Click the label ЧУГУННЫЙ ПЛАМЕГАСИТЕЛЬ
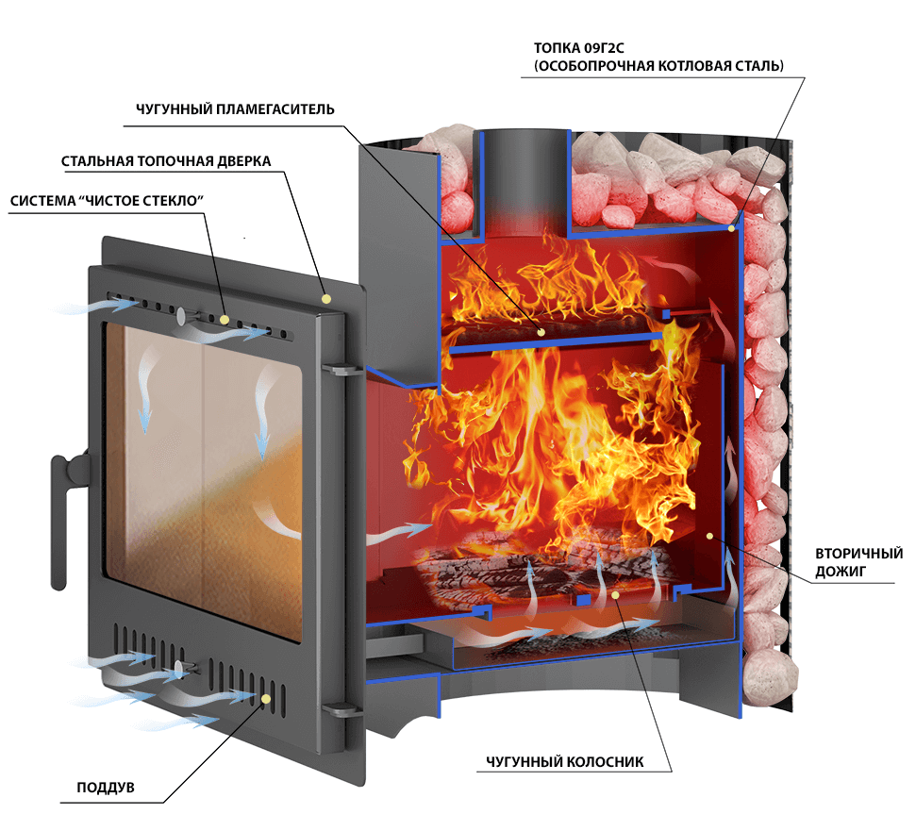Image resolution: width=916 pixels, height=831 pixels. (x=235, y=109)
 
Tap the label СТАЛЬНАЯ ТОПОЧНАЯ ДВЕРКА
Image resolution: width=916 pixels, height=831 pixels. (x=166, y=161)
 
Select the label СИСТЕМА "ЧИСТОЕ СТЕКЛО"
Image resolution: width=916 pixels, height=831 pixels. (x=107, y=201)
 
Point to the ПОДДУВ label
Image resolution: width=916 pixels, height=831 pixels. (x=106, y=788)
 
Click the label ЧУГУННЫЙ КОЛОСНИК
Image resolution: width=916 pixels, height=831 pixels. (x=565, y=761)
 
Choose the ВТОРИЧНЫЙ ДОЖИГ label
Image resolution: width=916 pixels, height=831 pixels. (x=858, y=562)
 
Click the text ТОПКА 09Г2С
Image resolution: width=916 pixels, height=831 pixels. (x=579, y=48)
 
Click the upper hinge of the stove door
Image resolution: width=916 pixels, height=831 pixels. (x=341, y=369)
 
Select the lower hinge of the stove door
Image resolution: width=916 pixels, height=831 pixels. (x=341, y=709)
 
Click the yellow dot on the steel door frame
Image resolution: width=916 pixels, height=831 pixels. (x=326, y=299)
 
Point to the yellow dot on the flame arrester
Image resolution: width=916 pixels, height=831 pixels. (x=541, y=332)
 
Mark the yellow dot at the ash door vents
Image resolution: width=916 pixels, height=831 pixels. (x=266, y=698)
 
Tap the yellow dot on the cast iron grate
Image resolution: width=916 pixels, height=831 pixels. (x=616, y=594)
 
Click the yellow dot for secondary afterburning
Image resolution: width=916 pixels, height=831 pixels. (x=709, y=536)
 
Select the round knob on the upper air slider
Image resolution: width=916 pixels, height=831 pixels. (x=182, y=317)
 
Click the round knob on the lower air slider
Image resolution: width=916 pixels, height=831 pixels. (x=178, y=670)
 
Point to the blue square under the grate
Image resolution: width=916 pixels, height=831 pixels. (x=583, y=600)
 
